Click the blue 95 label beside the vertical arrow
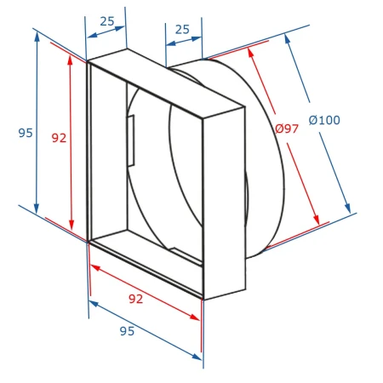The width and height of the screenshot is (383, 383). click(26, 133)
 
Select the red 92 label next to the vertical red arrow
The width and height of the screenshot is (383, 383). click(59, 138)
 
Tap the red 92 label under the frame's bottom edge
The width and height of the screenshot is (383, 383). click(135, 299)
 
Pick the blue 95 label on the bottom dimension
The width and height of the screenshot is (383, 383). click(127, 331)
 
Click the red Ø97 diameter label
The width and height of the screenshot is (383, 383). click(287, 129)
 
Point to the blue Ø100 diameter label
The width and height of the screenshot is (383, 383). click(324, 120)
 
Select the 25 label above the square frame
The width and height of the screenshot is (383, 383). click(107, 21)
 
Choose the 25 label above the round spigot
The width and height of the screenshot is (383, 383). click(182, 29)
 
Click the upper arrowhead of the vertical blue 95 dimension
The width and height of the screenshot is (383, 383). click(37, 37)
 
